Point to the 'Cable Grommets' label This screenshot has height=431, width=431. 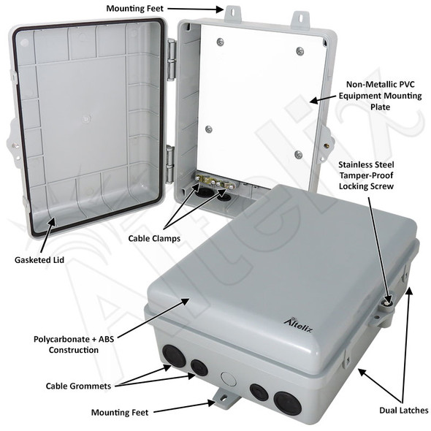[x=80, y=385]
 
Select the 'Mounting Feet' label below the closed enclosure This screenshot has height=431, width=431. [x=120, y=412]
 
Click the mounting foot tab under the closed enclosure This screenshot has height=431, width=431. [x=222, y=400]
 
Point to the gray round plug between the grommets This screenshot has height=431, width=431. [x=226, y=379]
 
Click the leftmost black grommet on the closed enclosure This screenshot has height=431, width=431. [x=175, y=358]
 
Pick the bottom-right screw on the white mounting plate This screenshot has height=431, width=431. [x=298, y=154]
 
